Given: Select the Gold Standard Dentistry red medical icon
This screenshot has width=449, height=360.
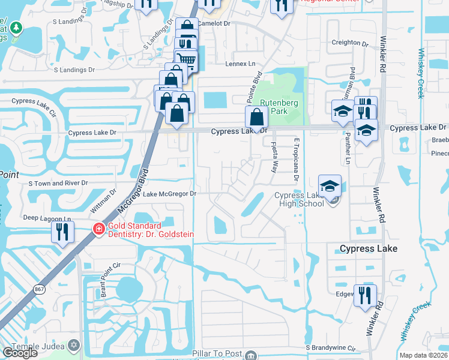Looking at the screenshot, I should click(97, 229).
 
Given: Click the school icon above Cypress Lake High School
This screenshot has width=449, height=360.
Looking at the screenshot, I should click(330, 186).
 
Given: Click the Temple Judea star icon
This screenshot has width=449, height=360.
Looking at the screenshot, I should click(74, 346).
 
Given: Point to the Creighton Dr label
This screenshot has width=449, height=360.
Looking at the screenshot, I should click(349, 43).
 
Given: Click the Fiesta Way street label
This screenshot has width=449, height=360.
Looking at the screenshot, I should click(274, 157).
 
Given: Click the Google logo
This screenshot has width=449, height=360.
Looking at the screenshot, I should click(19, 353).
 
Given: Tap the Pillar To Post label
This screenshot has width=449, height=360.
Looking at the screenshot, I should click(216, 355).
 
